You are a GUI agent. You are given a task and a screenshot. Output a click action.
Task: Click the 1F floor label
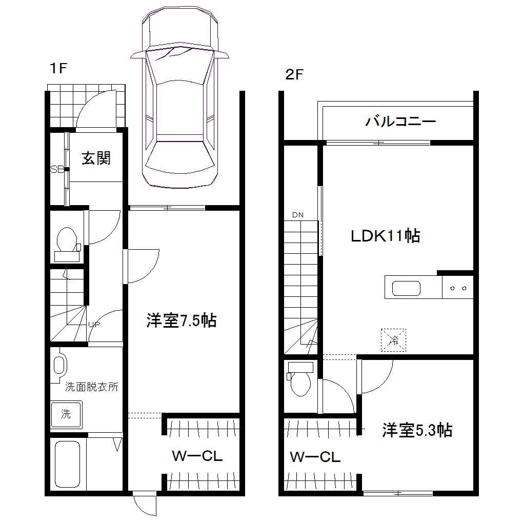58,69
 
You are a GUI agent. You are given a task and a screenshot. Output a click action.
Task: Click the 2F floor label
295,75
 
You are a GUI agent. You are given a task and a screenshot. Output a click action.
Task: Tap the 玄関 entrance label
96,158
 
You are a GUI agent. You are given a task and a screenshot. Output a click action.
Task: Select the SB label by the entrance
56,169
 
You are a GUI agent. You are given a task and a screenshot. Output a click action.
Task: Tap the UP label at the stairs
93,324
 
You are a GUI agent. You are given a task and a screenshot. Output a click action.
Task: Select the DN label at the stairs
298,215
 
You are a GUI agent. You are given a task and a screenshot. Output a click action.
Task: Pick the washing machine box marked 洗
66,414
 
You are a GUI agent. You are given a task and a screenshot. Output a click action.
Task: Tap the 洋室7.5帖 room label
181,321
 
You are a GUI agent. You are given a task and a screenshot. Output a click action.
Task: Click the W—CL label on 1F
197,456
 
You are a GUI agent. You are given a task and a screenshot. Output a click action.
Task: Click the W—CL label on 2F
315,457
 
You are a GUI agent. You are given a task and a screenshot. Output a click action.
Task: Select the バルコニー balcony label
400,122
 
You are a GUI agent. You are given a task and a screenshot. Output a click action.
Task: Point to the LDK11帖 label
386,236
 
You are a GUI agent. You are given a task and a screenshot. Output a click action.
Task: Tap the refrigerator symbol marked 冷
393,339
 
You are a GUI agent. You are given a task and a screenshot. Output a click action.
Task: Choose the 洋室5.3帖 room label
417,430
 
